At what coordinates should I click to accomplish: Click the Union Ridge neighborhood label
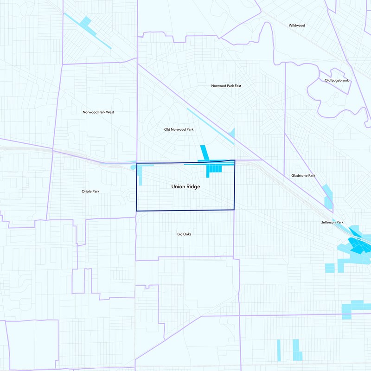click(x=185, y=187)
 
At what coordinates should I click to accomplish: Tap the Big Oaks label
click(x=184, y=234)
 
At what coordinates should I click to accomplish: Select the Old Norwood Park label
click(x=179, y=129)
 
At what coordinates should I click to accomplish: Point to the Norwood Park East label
click(x=226, y=86)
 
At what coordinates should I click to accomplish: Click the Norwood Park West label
click(x=98, y=112)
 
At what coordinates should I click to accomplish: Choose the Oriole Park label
click(x=90, y=191)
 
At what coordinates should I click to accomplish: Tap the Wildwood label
click(x=297, y=26)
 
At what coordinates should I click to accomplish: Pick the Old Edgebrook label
click(x=337, y=81)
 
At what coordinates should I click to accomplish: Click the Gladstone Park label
click(x=303, y=176)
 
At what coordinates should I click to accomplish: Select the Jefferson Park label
click(x=333, y=223)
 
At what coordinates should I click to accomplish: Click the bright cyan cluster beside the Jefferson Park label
click(x=359, y=243)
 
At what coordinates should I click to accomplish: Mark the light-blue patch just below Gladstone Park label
click(x=328, y=197)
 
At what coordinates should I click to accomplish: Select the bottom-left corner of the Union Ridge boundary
click(x=136, y=211)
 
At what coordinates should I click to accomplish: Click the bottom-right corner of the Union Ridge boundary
click(x=234, y=210)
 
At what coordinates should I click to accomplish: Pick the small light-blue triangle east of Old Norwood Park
click(x=232, y=133)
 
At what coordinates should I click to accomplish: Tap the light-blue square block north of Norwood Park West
click(x=86, y=21)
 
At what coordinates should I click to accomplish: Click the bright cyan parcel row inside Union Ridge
click(x=214, y=170)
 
